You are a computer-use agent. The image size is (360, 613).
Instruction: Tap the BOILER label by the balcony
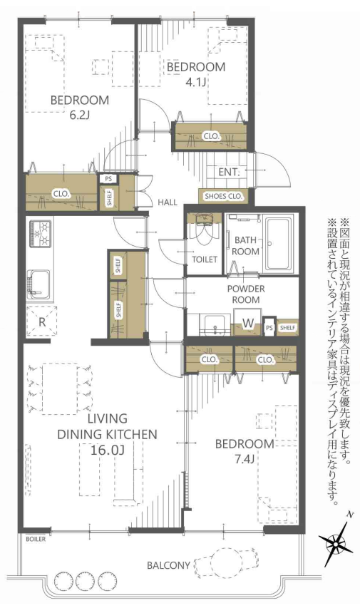[x=36, y=539]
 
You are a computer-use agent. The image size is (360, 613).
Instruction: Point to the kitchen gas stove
[x=39, y=233]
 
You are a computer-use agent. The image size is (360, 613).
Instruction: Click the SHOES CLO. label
[x=224, y=196]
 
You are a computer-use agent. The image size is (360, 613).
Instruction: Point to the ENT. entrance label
[x=229, y=172]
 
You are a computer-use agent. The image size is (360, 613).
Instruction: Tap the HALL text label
[x=168, y=202]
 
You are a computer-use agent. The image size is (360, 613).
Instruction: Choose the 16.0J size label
[x=107, y=450]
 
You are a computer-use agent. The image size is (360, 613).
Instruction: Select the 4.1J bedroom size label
[x=196, y=82]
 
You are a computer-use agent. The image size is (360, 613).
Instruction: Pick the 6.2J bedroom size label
[x=79, y=115]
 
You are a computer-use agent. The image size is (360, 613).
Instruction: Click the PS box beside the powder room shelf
[x=269, y=328]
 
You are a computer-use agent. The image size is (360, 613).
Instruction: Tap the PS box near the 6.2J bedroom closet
[x=108, y=179]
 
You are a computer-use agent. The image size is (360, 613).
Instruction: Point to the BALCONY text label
[x=168, y=565]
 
